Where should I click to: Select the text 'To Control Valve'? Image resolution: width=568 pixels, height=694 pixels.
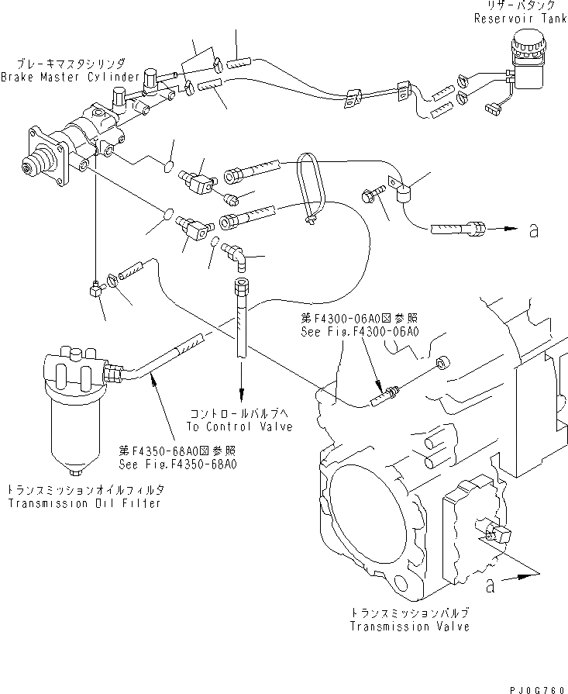pos(239,426)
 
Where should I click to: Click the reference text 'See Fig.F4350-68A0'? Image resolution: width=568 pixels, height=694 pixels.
pos(178,464)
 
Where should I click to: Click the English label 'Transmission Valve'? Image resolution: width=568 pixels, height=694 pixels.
pos(409,626)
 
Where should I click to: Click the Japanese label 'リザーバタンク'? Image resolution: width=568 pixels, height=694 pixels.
pos(525,5)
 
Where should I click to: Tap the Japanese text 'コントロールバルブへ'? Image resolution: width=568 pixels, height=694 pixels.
pos(239,414)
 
